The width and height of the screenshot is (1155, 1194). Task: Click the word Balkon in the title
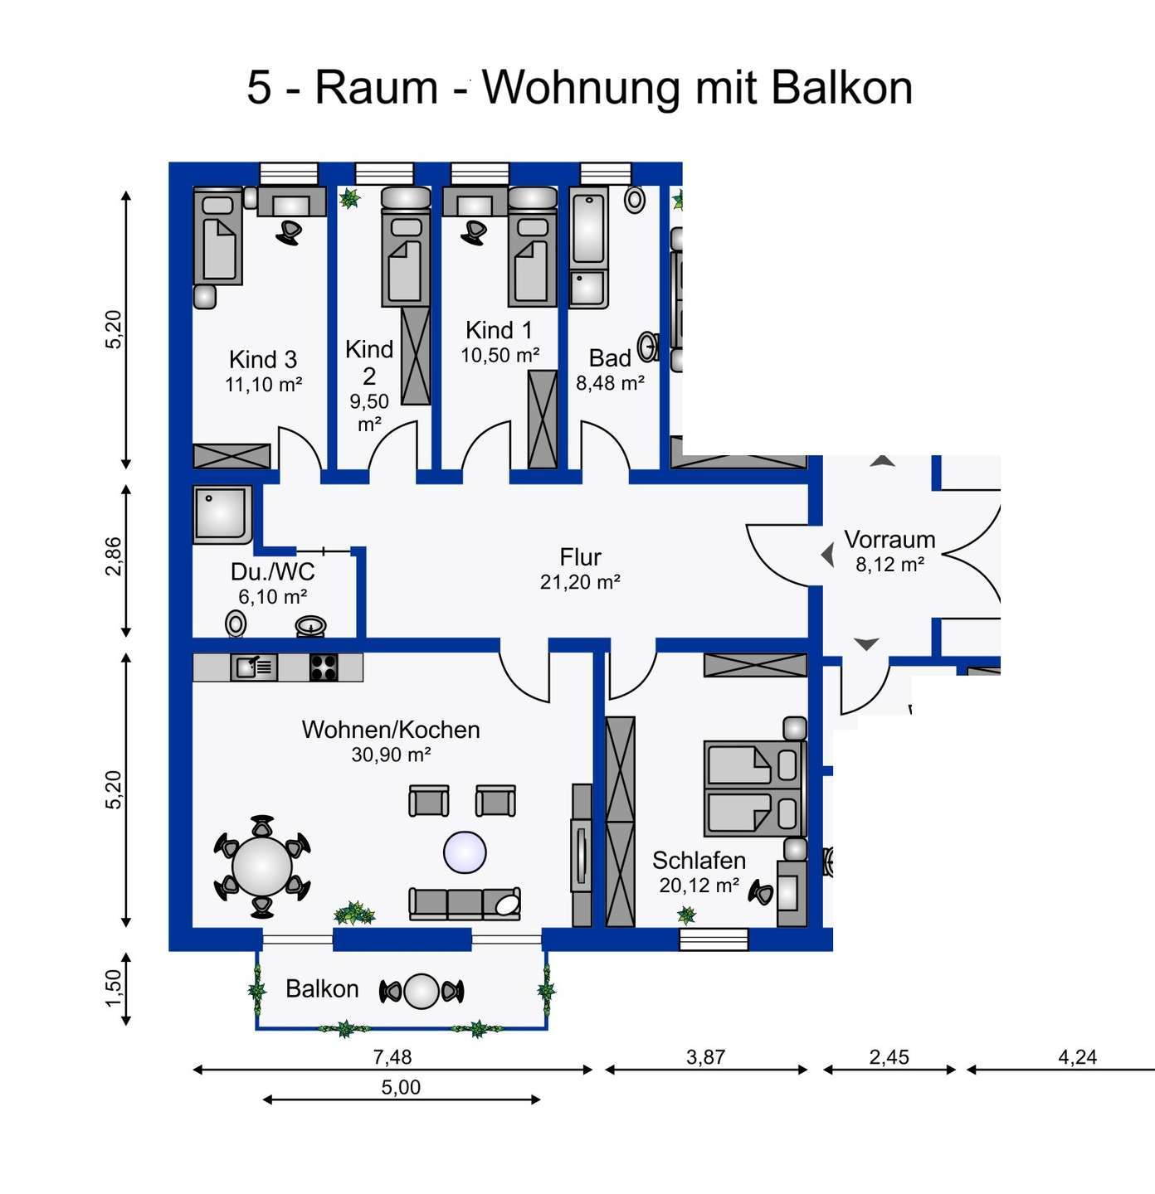click(841, 87)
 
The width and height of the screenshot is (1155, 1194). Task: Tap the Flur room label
click(580, 557)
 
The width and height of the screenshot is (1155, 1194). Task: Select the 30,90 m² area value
click(391, 755)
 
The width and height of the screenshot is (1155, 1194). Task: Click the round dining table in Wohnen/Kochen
click(262, 866)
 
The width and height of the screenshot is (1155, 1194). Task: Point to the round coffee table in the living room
click(465, 852)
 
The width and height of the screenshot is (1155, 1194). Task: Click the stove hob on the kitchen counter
click(324, 667)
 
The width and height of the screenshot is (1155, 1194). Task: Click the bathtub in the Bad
click(589, 226)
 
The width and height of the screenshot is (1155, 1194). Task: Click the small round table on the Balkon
click(422, 991)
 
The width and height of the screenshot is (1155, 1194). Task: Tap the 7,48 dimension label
click(392, 1057)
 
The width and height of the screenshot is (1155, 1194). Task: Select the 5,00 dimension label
click(401, 1087)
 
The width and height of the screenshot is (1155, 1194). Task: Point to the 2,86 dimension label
click(114, 556)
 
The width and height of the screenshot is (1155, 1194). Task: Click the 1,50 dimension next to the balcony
click(114, 988)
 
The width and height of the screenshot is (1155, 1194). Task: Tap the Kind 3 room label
click(263, 360)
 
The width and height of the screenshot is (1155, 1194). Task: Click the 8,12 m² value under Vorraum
click(889, 565)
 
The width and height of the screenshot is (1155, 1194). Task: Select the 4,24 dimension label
click(1077, 1057)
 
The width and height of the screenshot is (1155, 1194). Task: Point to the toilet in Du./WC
click(236, 623)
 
